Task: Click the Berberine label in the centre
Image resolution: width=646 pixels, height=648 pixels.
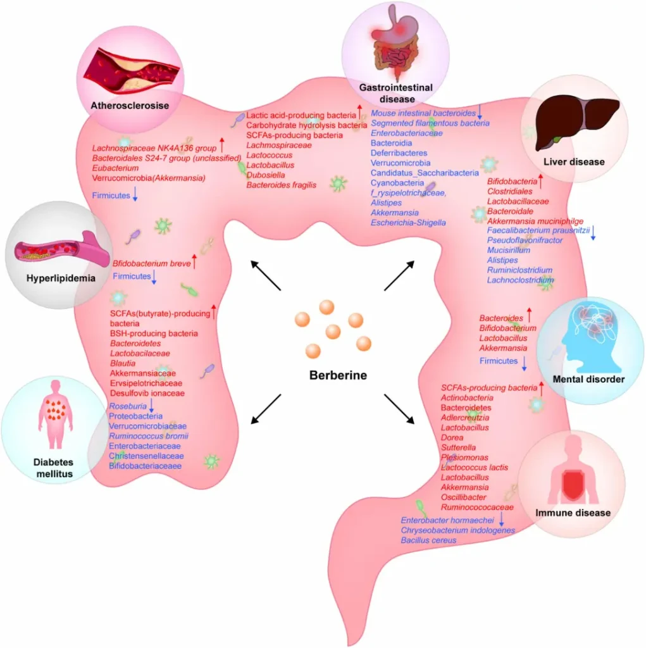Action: tap(338, 375)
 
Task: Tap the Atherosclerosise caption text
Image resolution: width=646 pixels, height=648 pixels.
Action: tap(129, 106)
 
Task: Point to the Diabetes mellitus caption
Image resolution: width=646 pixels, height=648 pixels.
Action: tap(53, 468)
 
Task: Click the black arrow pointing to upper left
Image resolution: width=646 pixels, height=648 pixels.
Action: tap(265, 275)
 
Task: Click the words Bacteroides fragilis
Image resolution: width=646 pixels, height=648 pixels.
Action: tap(281, 185)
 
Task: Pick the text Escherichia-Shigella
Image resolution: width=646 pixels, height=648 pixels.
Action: tap(408, 223)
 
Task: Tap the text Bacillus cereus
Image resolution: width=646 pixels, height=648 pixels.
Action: tap(428, 540)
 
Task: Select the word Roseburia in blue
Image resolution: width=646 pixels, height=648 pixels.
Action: tap(128, 406)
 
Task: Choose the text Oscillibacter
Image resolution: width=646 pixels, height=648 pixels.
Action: tap(464, 497)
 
